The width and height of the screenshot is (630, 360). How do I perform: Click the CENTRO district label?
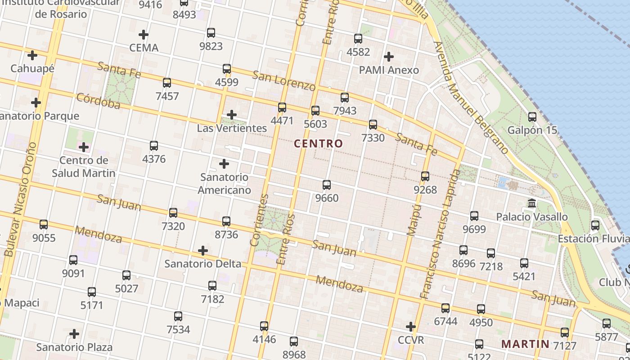click(x=318, y=144)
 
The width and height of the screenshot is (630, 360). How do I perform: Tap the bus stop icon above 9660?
click(x=327, y=184)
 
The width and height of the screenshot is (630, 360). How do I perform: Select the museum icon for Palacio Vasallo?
click(x=532, y=203)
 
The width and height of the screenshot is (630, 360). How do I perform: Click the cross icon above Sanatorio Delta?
click(x=203, y=250)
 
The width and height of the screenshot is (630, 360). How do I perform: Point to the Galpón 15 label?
click(x=532, y=130)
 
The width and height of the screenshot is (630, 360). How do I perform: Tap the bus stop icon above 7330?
click(x=373, y=125)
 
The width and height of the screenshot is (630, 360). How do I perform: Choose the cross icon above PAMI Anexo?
click(x=389, y=57)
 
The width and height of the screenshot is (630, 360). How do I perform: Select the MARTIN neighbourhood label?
click(x=525, y=344)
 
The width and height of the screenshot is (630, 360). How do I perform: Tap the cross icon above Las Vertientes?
click(x=232, y=115)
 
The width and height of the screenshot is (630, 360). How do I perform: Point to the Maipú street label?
click(x=413, y=219)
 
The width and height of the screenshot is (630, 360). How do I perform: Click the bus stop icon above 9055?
click(x=44, y=224)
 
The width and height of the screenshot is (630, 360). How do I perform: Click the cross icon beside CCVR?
click(x=410, y=326)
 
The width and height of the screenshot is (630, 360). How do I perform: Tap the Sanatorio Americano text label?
click(x=224, y=184)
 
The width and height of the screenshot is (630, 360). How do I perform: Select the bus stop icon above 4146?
click(x=264, y=326)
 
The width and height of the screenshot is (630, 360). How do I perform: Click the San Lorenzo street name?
click(x=283, y=80)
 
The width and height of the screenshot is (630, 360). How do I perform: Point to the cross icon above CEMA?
click(x=144, y=34)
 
